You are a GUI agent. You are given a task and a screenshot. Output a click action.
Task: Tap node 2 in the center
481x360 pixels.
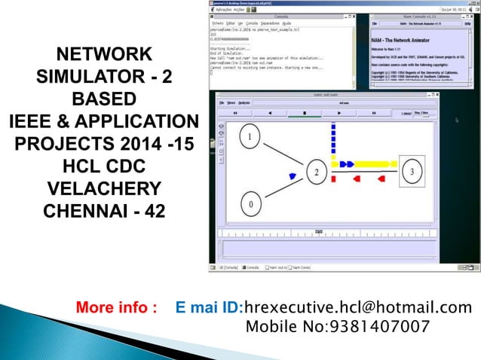click(318, 172)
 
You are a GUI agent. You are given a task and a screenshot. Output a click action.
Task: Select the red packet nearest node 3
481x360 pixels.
click(381, 180)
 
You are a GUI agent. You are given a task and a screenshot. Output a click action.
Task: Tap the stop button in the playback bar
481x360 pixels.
click(304, 112)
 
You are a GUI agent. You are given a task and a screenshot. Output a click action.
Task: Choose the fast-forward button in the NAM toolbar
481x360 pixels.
click(372, 112)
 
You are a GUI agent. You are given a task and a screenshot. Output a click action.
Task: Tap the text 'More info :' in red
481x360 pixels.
click(117, 307)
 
